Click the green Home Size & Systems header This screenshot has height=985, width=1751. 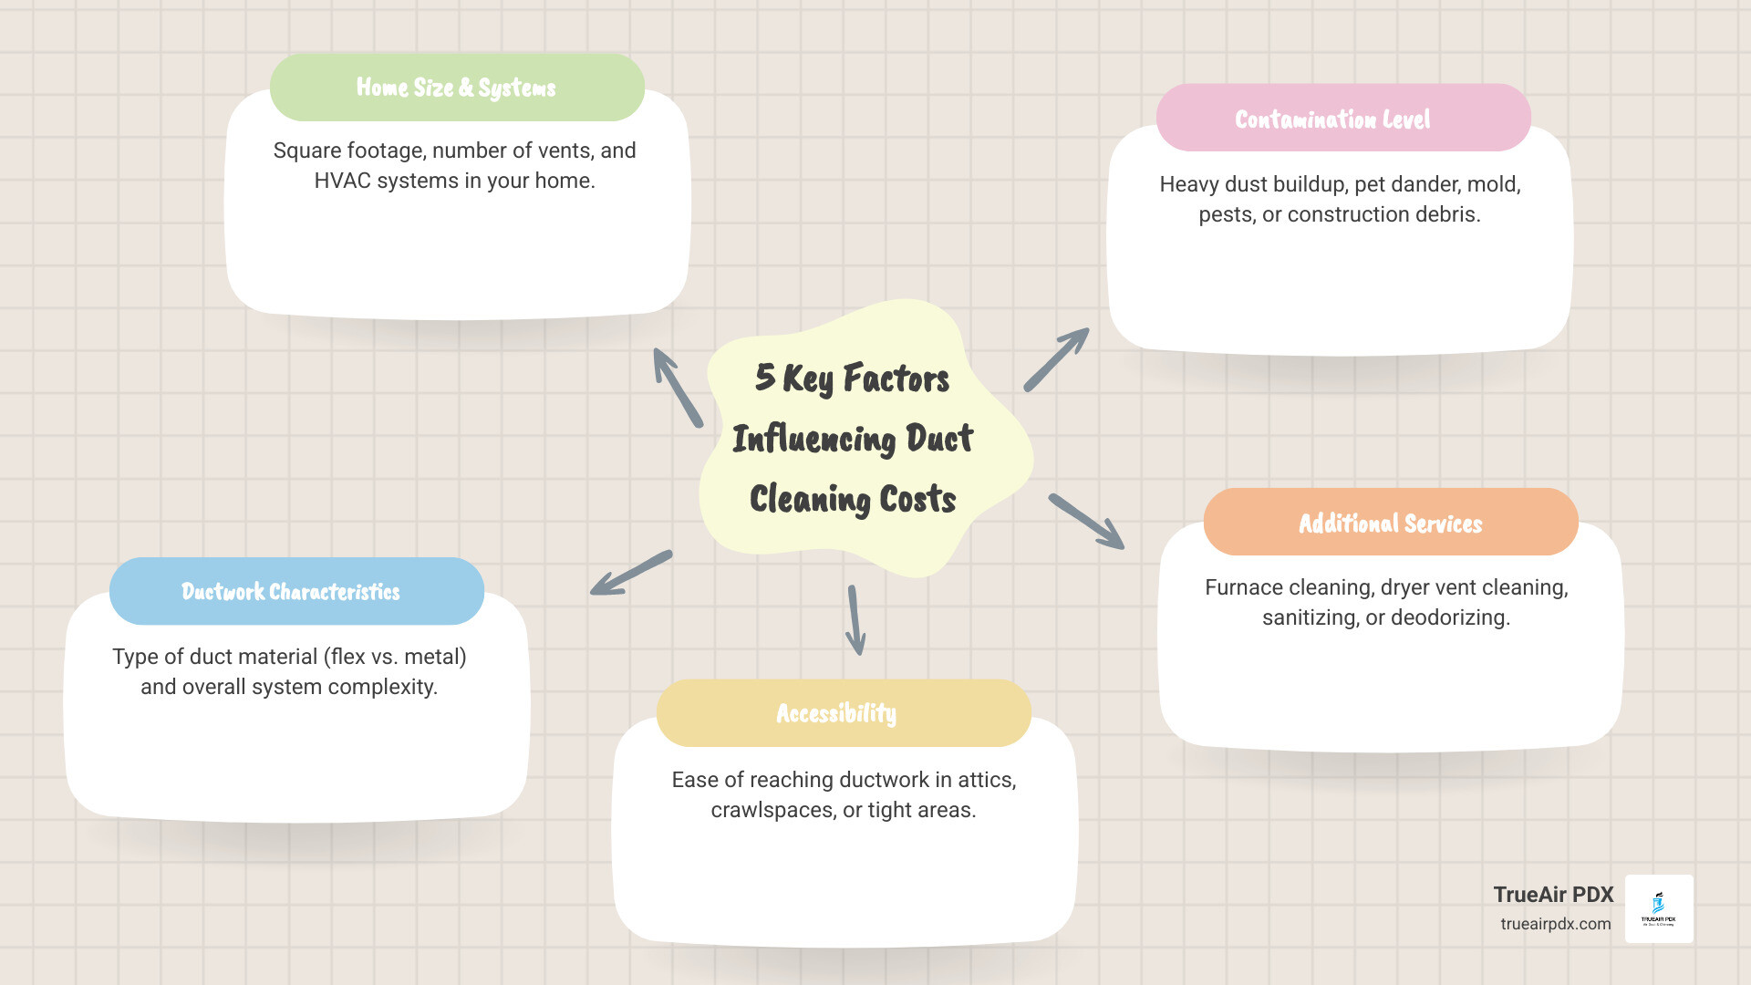tap(457, 88)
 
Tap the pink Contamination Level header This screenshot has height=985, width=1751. tap(1342, 119)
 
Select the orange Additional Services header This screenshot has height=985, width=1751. tap(1390, 523)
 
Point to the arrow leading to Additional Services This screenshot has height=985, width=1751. tap(1086, 522)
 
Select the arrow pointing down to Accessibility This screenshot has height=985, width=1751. tap(855, 620)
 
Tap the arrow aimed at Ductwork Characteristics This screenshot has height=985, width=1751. tap(631, 573)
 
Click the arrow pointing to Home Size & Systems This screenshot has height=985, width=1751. tap(678, 388)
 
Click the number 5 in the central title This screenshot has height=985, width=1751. tap(764, 377)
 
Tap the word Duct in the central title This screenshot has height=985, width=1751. tap(939, 439)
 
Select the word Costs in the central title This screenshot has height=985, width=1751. tap(917, 500)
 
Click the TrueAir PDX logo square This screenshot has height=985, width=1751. tap(1659, 908)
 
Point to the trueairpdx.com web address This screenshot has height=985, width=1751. tap(1555, 924)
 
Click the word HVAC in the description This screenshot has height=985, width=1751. tap(342, 181)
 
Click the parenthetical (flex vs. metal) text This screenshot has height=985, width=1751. tap(395, 657)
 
